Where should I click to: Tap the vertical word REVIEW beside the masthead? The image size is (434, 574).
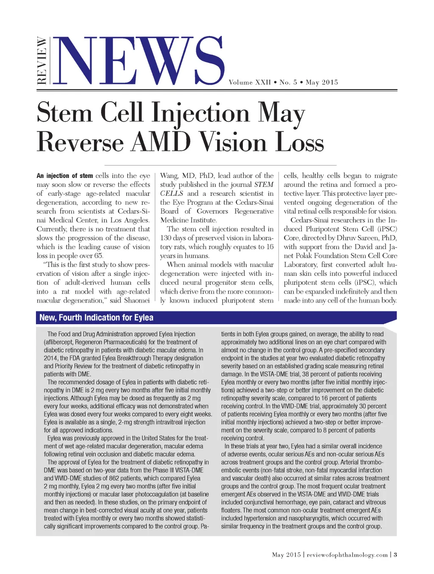pos(42,61)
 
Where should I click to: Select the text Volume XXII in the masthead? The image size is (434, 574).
pos(250,82)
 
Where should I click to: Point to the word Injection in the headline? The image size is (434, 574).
pos(200,113)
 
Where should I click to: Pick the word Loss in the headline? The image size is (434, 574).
pos(300,141)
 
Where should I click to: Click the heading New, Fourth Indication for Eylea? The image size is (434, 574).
pos(96,318)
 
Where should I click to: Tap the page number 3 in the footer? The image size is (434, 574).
pos(395,555)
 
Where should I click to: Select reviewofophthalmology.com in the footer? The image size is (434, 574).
pos(347,555)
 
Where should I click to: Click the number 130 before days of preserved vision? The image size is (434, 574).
pos(166,238)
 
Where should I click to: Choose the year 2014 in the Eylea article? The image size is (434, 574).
pos(50,358)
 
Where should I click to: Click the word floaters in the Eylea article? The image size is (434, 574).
pos(231,510)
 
